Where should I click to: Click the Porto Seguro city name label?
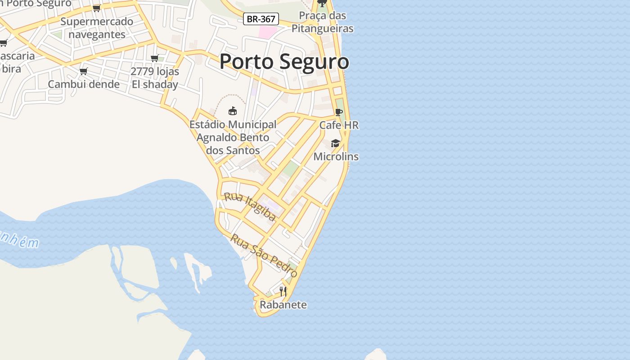pyautogui.click(x=284, y=62)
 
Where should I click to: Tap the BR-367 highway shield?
pyautogui.click(x=261, y=19)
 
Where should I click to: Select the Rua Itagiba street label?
pyautogui.click(x=250, y=207)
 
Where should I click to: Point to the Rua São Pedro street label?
pyautogui.click(x=264, y=255)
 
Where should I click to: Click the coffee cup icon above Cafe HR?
pyautogui.click(x=339, y=112)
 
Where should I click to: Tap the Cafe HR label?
pyautogui.click(x=339, y=125)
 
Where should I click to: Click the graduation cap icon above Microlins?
pyautogui.click(x=335, y=143)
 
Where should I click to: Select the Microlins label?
pyautogui.click(x=336, y=157)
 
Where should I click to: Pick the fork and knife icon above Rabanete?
pyautogui.click(x=283, y=291)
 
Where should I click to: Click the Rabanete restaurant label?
pyautogui.click(x=283, y=305)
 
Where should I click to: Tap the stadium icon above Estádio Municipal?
pyautogui.click(x=233, y=111)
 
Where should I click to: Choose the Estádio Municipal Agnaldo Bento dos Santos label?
pyautogui.click(x=233, y=137)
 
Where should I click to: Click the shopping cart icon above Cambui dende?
pyautogui.click(x=83, y=71)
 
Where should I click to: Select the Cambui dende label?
pyautogui.click(x=84, y=84)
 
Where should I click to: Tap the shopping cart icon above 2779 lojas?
pyautogui.click(x=155, y=58)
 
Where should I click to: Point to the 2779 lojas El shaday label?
pyautogui.click(x=155, y=78)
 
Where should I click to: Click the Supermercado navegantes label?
pyautogui.click(x=97, y=28)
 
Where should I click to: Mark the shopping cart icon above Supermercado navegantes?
pyautogui.click(x=96, y=8)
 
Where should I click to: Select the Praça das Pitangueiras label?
pyautogui.click(x=322, y=22)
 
